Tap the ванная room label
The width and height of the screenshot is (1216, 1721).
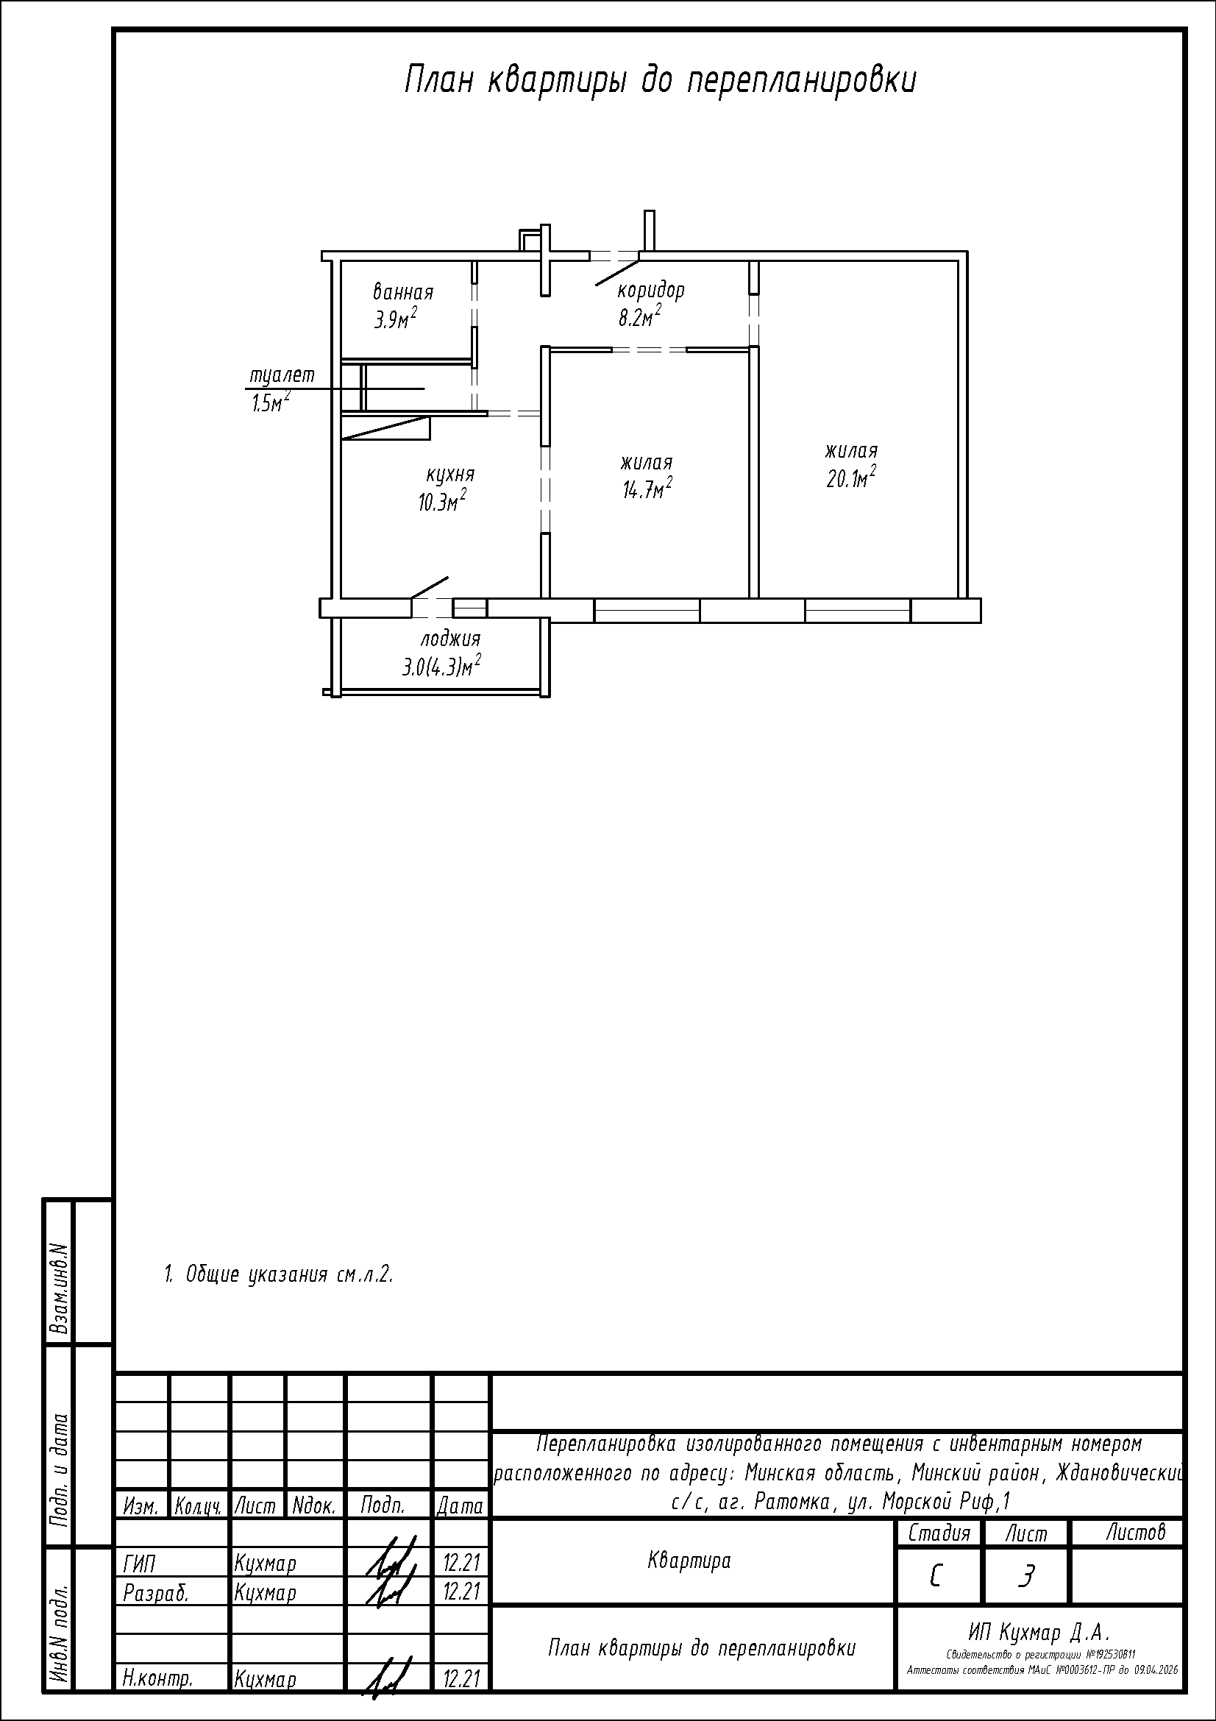(x=403, y=291)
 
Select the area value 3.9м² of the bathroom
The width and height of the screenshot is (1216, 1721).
(x=397, y=319)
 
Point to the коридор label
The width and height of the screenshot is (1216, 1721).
(x=650, y=291)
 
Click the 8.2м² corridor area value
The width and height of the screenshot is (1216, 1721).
(x=639, y=316)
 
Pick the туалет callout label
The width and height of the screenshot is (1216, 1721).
(x=282, y=375)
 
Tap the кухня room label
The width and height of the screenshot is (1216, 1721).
(x=450, y=475)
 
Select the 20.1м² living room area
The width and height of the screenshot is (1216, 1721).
(x=851, y=478)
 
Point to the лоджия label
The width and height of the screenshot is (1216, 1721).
(x=450, y=639)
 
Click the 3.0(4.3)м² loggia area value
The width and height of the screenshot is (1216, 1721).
(x=441, y=666)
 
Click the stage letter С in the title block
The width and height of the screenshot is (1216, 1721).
(x=936, y=1577)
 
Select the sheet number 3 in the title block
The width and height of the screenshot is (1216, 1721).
(x=1025, y=1577)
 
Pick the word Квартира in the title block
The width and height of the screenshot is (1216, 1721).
(x=689, y=1561)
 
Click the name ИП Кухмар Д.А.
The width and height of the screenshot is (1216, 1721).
(x=1038, y=1632)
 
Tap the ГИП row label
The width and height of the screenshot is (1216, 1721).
(x=139, y=1564)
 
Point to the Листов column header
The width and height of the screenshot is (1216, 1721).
(x=1136, y=1533)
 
